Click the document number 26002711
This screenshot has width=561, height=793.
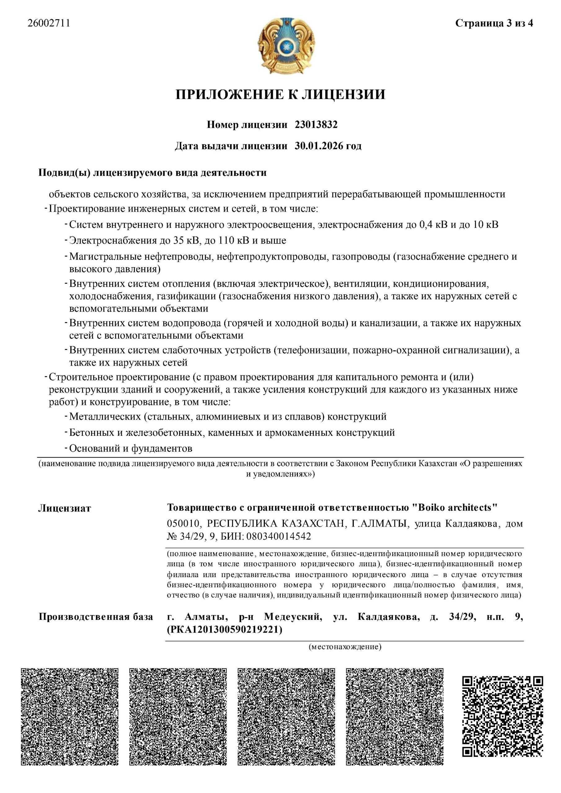click(49, 24)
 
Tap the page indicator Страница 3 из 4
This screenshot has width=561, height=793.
click(494, 24)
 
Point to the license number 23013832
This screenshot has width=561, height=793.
click(316, 125)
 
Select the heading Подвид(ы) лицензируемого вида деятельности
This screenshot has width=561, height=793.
click(152, 173)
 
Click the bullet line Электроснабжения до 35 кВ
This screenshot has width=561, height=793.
click(178, 240)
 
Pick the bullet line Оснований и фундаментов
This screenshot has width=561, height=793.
click(131, 449)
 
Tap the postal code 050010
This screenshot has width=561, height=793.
click(183, 524)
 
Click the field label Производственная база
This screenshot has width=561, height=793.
click(95, 617)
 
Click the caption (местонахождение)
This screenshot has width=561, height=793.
click(345, 646)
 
